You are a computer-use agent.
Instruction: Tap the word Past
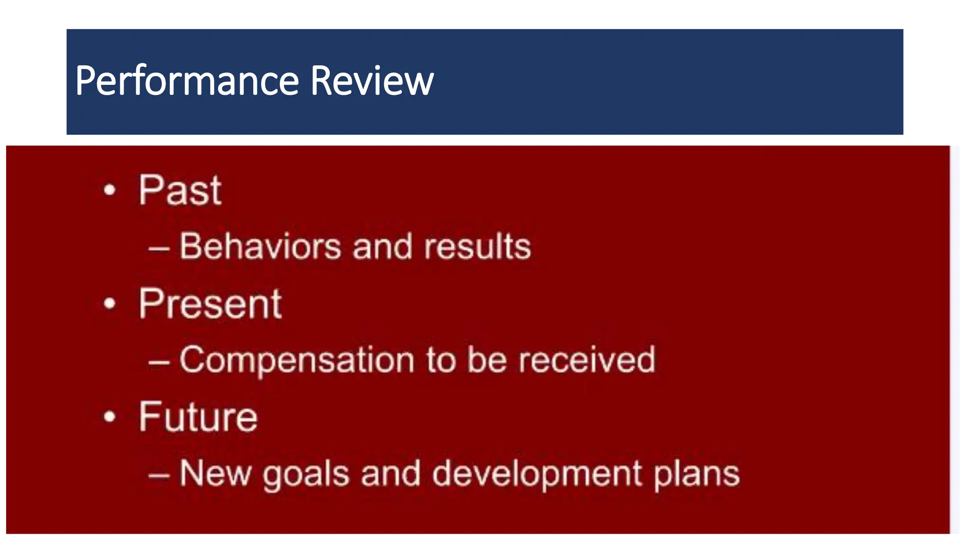point(180,191)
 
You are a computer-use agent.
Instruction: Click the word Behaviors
point(260,246)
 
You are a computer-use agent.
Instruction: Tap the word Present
point(210,304)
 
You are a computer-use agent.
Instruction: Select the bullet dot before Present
point(109,303)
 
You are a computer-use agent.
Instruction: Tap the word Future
point(198,417)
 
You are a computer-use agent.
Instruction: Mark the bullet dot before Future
point(109,417)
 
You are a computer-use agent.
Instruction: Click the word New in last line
point(215,473)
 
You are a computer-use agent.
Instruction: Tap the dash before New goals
point(159,475)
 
